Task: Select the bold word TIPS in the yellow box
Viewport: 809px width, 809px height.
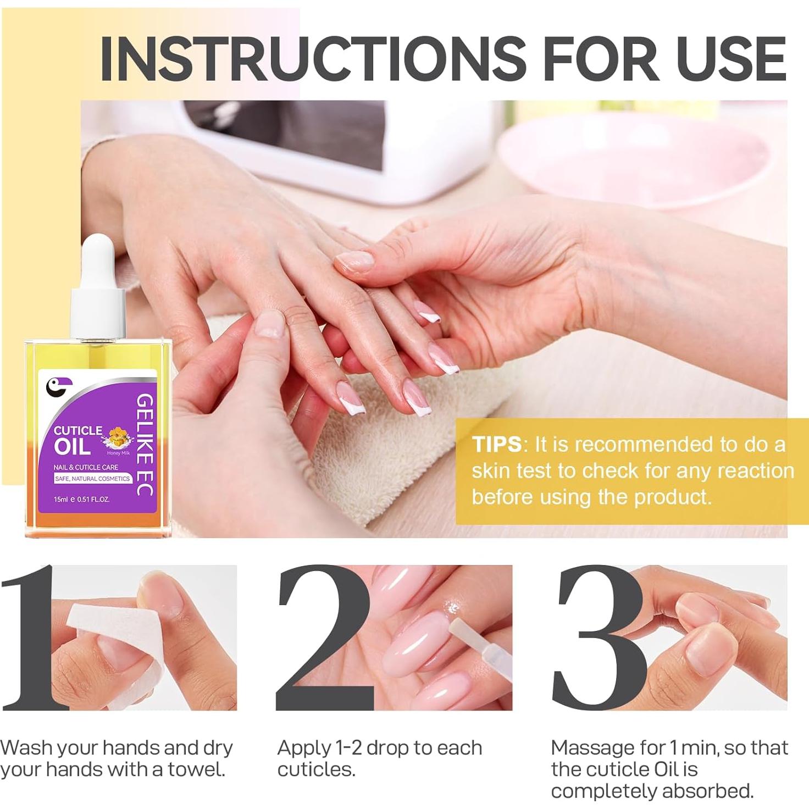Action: pos(496,444)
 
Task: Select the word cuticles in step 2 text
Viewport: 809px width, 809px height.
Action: pos(316,769)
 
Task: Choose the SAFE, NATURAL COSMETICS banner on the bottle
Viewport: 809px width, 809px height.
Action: pos(92,479)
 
